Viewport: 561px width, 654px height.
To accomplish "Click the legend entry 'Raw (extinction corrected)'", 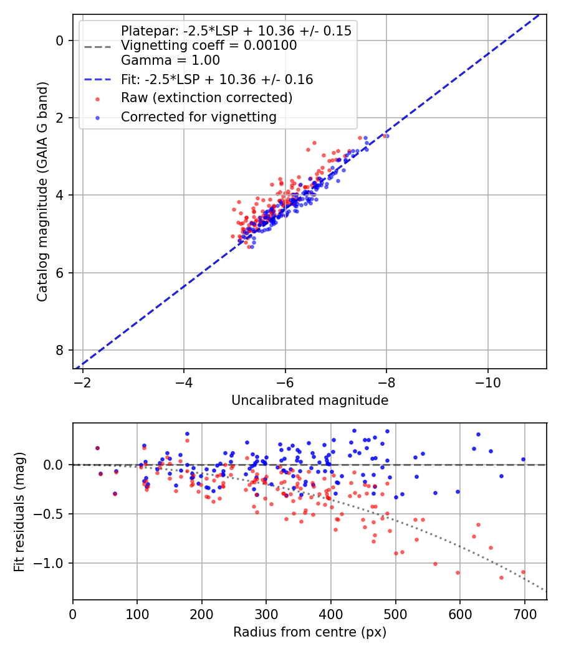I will pyautogui.click(x=206, y=98).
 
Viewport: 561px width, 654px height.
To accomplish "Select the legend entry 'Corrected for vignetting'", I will pyautogui.click(x=198, y=116).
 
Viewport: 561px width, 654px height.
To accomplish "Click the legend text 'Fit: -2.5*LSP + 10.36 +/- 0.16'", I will pyautogui.click(x=217, y=80).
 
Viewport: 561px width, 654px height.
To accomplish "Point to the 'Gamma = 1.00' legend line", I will pyautogui.click(x=170, y=60).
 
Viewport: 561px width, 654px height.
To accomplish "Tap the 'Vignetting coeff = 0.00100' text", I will pyautogui.click(x=209, y=45).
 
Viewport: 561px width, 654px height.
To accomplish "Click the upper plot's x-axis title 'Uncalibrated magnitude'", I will pyautogui.click(x=310, y=400).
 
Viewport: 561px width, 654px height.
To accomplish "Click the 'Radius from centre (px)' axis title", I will pyautogui.click(x=310, y=632).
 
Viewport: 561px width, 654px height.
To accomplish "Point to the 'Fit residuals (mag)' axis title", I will pyautogui.click(x=19, y=512).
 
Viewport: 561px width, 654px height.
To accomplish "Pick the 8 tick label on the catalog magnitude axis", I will pyautogui.click(x=60, y=350).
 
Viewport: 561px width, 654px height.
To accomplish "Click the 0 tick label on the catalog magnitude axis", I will pyautogui.click(x=60, y=40).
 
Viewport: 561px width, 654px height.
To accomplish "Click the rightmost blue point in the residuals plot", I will pyautogui.click(x=523, y=459).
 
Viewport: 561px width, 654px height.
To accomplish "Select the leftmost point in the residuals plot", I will pyautogui.click(x=97, y=448).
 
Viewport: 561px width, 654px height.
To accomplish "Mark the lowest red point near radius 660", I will pyautogui.click(x=501, y=577).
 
